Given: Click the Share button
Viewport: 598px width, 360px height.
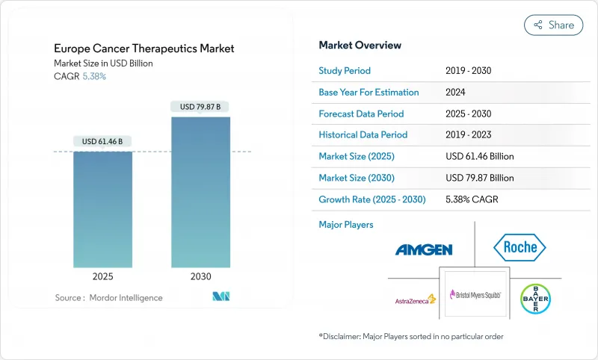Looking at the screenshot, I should (554, 25).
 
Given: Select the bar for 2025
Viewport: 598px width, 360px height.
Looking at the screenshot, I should (102, 209).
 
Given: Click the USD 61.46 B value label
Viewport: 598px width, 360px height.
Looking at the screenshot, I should (102, 141).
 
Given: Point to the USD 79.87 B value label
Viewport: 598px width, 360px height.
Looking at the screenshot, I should (200, 107).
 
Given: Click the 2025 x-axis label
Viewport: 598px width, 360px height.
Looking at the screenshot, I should (102, 276).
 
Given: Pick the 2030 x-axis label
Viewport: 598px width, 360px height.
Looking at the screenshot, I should (200, 276).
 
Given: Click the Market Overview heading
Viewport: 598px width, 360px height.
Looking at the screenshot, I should (360, 45).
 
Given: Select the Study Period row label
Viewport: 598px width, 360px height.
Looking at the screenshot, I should (345, 71).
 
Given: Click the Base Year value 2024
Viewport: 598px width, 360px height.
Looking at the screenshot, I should (457, 93).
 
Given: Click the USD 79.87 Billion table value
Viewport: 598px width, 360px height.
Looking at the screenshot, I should (479, 178).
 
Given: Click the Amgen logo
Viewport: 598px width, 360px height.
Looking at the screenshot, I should (424, 249).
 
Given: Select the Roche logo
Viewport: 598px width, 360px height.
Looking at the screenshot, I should (520, 247).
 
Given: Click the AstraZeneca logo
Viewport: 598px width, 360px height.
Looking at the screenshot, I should (415, 300).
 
